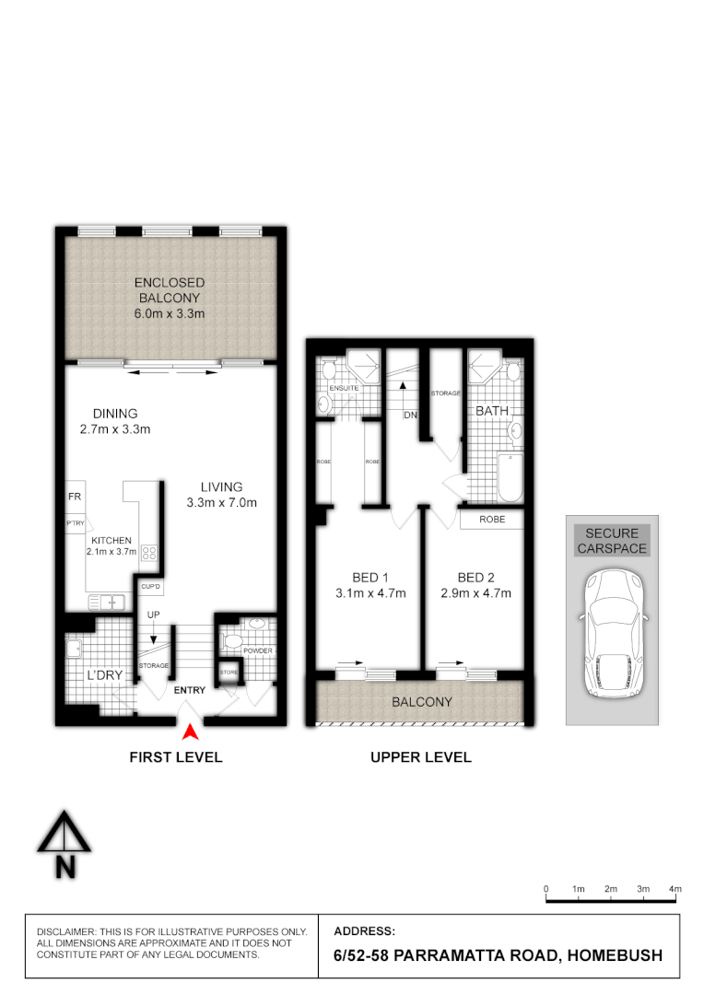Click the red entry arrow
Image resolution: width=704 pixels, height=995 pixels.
coord(190,732)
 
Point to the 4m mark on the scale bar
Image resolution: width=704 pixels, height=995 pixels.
coord(675,889)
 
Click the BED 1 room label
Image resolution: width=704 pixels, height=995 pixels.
coord(367,578)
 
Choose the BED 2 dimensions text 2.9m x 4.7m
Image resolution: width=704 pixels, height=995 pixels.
coord(475,593)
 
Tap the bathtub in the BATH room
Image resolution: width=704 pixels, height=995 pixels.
coord(509,478)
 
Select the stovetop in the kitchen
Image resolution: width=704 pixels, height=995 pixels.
coord(148,555)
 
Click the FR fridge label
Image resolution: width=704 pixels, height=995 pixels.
coord(75,496)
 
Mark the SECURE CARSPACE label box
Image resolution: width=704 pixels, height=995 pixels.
coord(612,541)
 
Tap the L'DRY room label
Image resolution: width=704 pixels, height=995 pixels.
coord(105,675)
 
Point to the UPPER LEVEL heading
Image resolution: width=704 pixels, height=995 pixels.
coord(420,757)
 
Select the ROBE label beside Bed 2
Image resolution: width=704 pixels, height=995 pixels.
coord(492,520)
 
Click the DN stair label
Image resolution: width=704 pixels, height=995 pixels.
coord(409,416)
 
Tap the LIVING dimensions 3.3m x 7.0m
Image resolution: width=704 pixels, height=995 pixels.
coord(221,503)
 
